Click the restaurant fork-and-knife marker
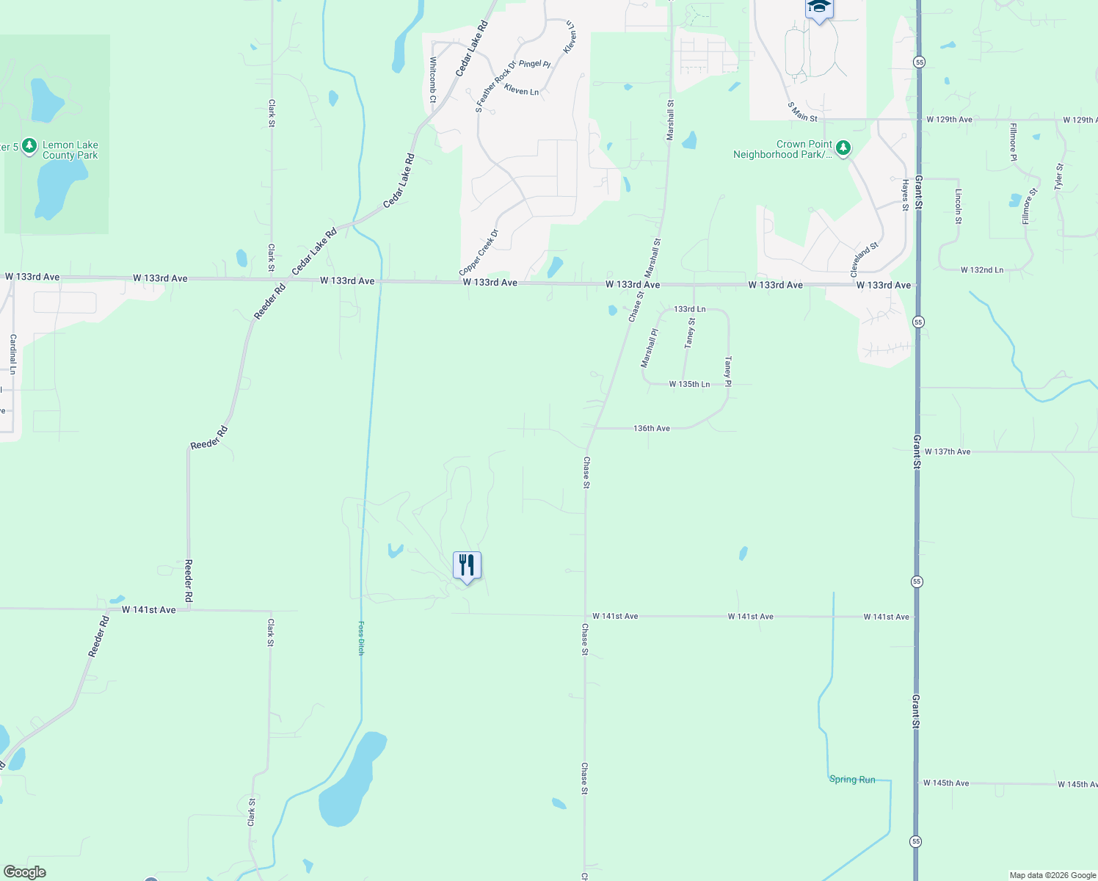[x=467, y=566]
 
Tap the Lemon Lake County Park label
[x=70, y=151]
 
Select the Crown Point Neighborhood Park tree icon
[x=843, y=149]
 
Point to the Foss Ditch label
[x=360, y=638]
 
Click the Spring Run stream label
[x=852, y=780]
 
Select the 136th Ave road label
[x=652, y=428]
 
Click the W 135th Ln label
[x=689, y=384]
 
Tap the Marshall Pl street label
[x=650, y=348]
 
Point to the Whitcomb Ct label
[x=433, y=79]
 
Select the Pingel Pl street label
[x=534, y=64]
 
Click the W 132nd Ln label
[x=981, y=270]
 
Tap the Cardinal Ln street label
[x=12, y=354]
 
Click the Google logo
[x=25, y=872]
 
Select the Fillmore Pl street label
[x=1013, y=142]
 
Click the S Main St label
[x=802, y=112]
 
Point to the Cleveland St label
[x=864, y=260]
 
